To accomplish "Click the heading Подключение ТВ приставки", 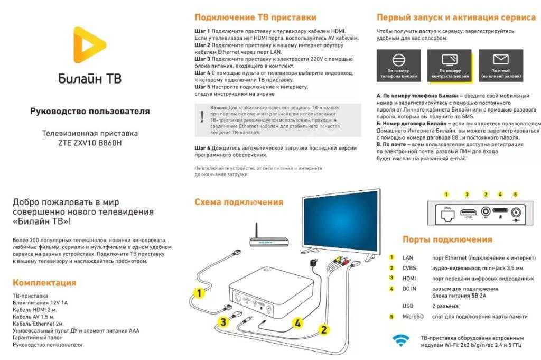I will [255, 17].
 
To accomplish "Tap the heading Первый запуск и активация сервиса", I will [456, 17].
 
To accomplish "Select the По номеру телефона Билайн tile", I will [398, 66].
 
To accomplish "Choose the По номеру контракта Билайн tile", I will [450, 66].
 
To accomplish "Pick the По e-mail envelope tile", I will [500, 66].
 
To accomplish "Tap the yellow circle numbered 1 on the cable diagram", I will [199, 292].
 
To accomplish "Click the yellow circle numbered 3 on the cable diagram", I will [223, 321].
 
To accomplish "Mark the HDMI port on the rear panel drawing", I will [468, 212].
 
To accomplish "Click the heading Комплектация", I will [44, 282].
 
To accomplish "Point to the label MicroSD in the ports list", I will [415, 316].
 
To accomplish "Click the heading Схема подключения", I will [239, 202].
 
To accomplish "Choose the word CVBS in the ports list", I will [409, 267].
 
